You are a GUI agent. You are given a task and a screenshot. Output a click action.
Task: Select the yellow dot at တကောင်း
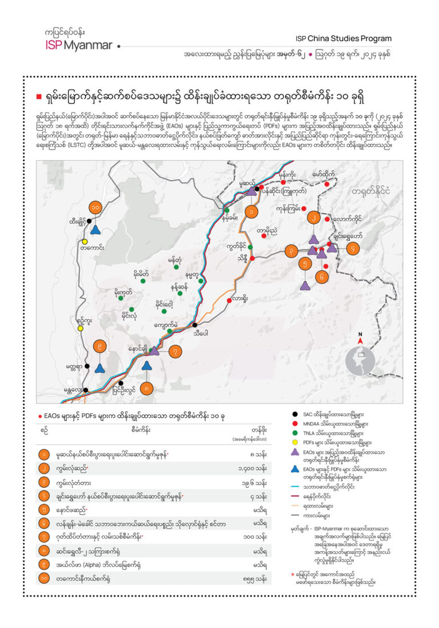tap(85, 241)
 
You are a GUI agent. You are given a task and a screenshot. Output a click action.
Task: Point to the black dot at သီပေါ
tap(195, 325)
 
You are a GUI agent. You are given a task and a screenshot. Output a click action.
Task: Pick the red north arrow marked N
tap(360, 341)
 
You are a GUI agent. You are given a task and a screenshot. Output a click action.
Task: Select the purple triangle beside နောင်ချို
tap(154, 350)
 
